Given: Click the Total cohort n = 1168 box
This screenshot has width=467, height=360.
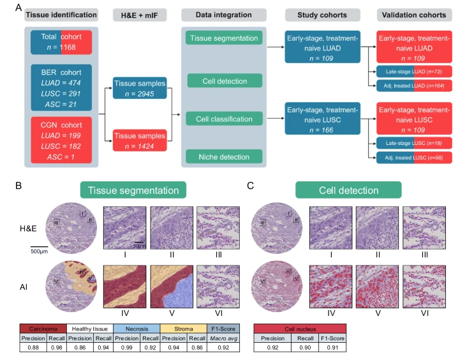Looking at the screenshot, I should click(61, 42).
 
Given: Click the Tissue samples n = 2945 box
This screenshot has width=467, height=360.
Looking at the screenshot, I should click(139, 88).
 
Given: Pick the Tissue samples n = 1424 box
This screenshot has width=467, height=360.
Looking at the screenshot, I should click(139, 140).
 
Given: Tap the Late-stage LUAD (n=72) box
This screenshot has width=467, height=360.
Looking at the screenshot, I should click(413, 71).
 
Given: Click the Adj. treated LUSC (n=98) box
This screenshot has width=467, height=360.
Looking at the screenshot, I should click(413, 156).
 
